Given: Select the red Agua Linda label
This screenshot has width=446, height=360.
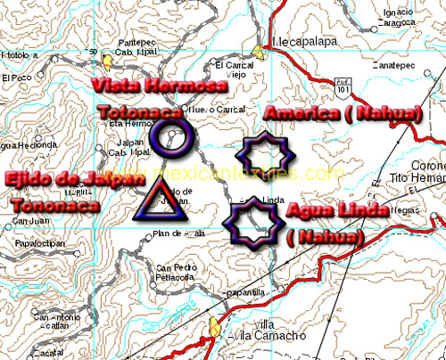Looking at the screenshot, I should (337, 210).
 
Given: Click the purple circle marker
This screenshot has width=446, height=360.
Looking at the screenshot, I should (170, 137).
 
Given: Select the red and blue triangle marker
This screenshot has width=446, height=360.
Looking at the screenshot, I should (161, 200).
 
